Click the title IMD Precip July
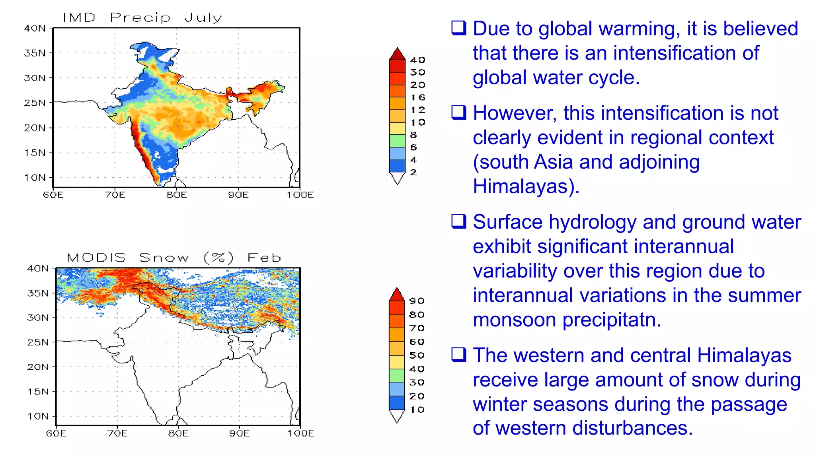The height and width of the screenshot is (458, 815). tap(142, 17)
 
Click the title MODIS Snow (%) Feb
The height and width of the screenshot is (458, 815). tap(174, 258)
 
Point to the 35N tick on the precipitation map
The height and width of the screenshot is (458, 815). tap(35, 53)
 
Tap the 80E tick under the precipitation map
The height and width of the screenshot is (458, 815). tap(176, 195)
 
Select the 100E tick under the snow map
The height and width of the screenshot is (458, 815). tap(301, 433)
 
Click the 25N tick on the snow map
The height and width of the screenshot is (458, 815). tap(38, 342)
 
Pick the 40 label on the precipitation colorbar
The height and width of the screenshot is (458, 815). tap(417, 60)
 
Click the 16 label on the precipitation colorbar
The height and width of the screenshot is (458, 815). tap(417, 97)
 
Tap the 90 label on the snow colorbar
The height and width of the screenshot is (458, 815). tap(417, 301)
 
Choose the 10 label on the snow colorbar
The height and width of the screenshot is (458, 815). tap(417, 409)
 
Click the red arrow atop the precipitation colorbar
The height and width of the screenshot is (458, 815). tap(397, 54)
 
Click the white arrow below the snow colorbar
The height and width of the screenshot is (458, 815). tap(397, 416)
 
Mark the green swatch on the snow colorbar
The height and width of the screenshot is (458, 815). tap(397, 375)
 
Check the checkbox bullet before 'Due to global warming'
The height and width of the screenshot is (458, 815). tap(458, 28)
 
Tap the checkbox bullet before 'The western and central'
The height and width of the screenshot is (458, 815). tap(458, 355)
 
